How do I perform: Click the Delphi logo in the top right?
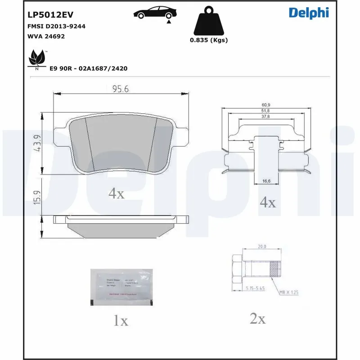[309, 13]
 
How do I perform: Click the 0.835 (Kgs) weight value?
[208, 40]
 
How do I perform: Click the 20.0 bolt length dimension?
[262, 247]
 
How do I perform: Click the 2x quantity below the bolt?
[257, 319]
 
